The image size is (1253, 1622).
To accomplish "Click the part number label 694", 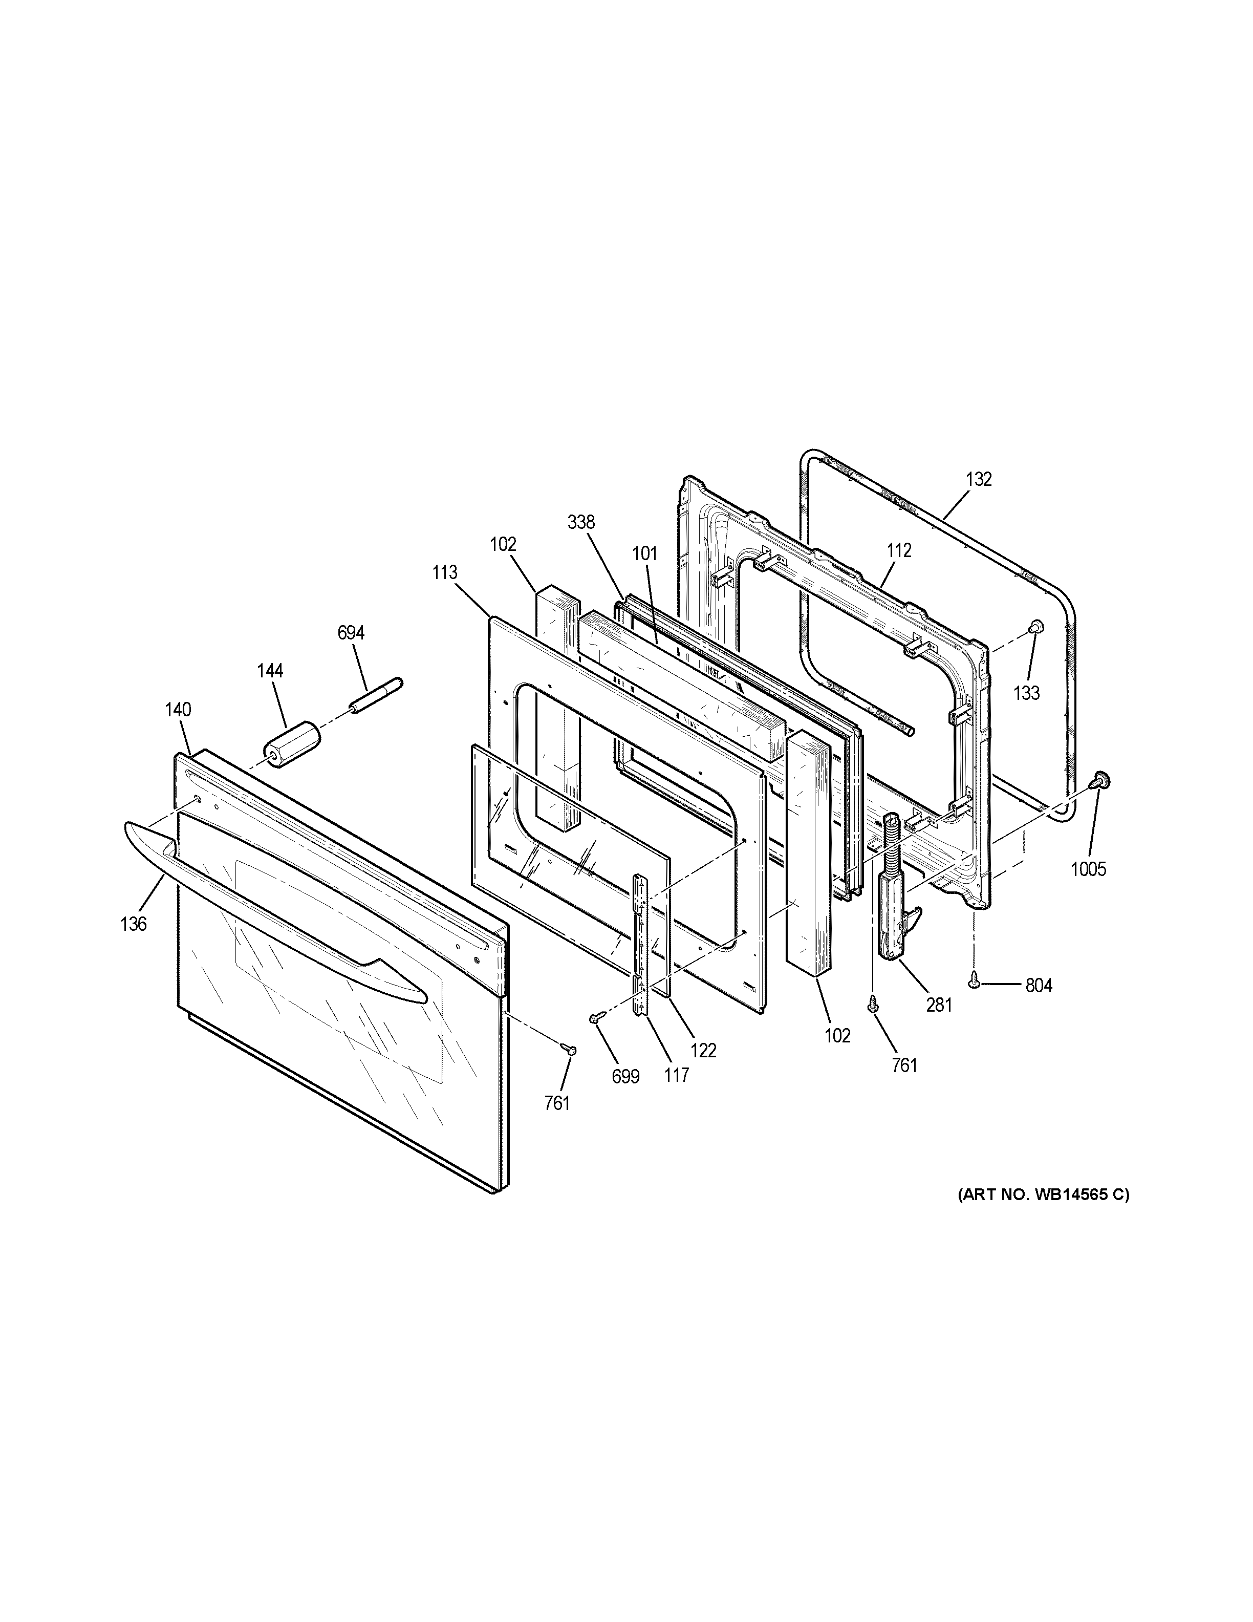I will coord(351,633).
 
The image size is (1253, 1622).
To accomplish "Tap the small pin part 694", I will coord(376,695).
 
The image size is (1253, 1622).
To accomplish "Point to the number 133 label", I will coord(1027,693).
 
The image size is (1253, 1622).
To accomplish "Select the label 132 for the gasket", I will coord(978,479).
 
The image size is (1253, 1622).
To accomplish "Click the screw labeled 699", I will coord(594,1019).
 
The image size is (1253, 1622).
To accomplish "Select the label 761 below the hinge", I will coord(905,1065).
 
